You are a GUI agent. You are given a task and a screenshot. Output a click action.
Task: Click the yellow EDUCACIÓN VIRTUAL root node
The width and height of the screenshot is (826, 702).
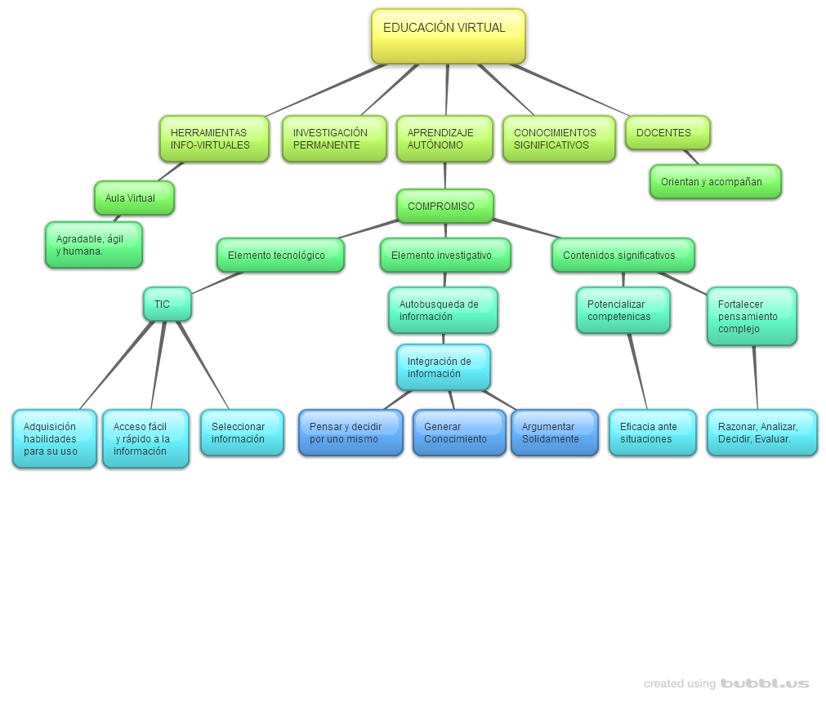click(x=448, y=36)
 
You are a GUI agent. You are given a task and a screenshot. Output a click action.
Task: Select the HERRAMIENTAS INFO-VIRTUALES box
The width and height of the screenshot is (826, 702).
click(x=214, y=139)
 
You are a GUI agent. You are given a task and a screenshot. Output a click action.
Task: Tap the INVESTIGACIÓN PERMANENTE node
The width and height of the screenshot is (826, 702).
click(x=334, y=139)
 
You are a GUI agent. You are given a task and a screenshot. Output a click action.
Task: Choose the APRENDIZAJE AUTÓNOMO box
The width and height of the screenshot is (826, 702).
click(x=444, y=139)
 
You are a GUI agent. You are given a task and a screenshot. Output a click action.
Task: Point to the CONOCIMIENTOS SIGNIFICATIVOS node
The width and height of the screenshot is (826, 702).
click(x=559, y=139)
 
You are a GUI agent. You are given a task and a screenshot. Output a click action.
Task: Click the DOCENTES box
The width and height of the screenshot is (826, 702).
click(x=667, y=132)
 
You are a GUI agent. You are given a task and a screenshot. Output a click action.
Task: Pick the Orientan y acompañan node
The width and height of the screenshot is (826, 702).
click(x=715, y=181)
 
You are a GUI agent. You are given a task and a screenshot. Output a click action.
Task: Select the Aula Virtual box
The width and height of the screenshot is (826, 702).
click(x=134, y=198)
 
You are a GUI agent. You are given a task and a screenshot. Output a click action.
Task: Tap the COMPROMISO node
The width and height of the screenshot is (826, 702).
click(x=444, y=206)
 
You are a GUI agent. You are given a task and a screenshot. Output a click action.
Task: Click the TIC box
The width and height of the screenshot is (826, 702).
click(x=167, y=304)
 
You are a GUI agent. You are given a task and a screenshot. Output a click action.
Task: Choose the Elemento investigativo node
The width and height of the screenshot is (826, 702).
click(x=445, y=255)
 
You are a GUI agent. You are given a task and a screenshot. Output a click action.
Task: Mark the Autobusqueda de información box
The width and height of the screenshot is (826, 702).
click(x=443, y=310)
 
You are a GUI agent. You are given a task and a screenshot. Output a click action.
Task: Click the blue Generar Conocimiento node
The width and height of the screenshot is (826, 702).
click(x=458, y=433)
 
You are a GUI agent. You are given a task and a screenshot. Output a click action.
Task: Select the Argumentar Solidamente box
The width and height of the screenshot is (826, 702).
click(x=554, y=433)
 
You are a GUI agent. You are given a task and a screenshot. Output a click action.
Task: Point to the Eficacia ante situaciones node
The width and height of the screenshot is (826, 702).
click(x=652, y=433)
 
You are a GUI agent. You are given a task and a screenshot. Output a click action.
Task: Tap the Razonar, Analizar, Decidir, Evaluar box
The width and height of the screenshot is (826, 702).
click(x=761, y=433)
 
